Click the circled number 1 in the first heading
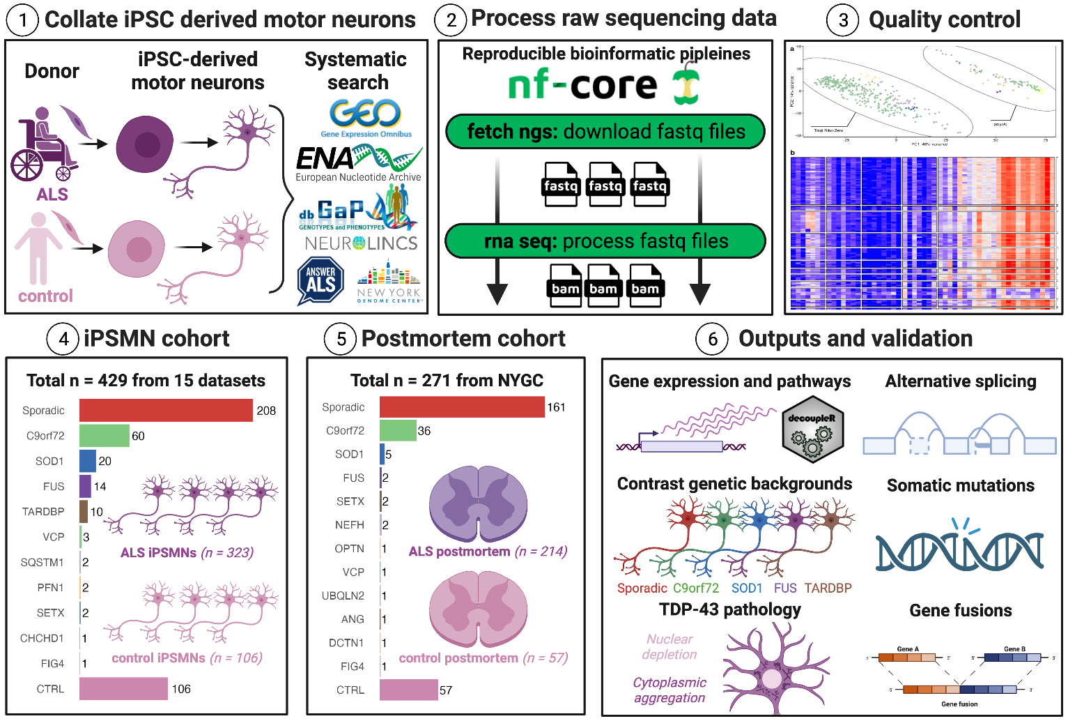point(23,20)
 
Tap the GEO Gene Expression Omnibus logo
point(366,118)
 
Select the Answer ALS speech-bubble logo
point(320,280)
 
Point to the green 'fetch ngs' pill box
point(605,132)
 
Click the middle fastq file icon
point(605,185)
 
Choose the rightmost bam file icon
point(645,287)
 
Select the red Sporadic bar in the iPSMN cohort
point(166,410)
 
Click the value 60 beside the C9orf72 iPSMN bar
point(138,436)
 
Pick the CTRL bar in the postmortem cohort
point(408,690)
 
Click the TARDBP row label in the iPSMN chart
point(43,512)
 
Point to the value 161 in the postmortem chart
point(556,407)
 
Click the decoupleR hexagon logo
point(812,429)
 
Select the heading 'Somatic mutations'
point(960,485)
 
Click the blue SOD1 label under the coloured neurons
point(747,588)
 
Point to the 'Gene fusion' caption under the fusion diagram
point(959,704)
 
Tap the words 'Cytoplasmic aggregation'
point(670,690)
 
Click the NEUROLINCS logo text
point(361,243)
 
